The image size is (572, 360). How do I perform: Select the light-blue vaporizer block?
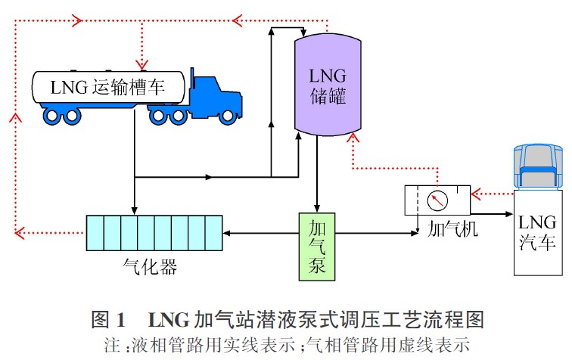[154, 233]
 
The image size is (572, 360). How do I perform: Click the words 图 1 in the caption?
[103, 318]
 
